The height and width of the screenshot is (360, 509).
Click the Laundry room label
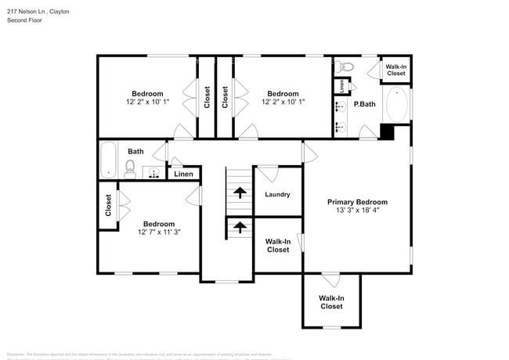278,195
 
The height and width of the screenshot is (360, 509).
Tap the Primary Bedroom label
357,202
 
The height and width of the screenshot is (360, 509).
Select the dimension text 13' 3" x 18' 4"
357,210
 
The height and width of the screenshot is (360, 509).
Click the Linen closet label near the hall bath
183,174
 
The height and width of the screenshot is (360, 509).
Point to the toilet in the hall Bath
131,167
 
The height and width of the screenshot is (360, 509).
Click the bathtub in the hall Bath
109,159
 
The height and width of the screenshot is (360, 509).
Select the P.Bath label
363,104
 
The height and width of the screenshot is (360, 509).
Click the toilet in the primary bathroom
348,67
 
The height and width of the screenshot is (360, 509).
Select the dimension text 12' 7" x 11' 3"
159,232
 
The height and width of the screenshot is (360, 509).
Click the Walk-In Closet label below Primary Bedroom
331,302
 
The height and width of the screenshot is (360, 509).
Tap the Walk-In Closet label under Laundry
278,246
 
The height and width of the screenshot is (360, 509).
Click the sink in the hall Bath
154,172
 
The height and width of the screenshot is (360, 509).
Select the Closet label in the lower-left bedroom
108,206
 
